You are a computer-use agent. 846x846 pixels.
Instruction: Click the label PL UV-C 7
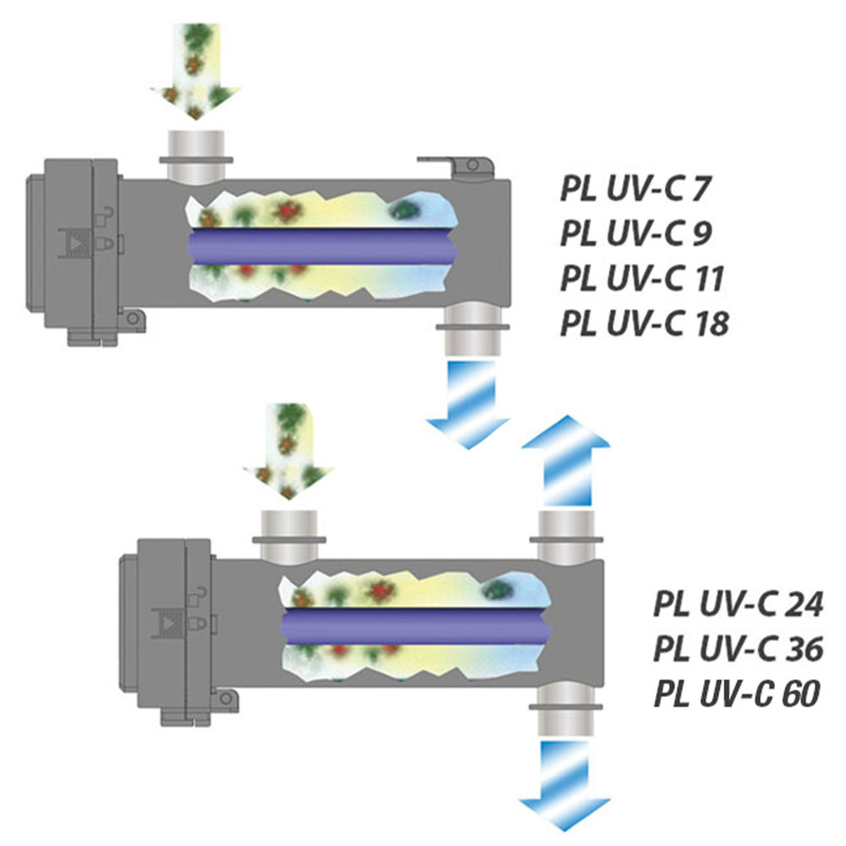[x=633, y=189]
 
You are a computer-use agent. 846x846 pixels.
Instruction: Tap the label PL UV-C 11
[x=640, y=278]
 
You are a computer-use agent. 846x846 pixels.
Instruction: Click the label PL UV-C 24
[x=739, y=605]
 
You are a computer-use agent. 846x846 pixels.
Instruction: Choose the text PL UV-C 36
[x=739, y=650]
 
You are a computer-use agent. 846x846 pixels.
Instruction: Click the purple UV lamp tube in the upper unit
[x=321, y=246]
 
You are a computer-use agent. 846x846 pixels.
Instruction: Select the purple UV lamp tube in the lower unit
[x=415, y=627]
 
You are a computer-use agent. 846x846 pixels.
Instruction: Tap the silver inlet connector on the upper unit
[x=195, y=154]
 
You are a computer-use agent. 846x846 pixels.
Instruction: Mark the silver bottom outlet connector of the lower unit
[x=566, y=711]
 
